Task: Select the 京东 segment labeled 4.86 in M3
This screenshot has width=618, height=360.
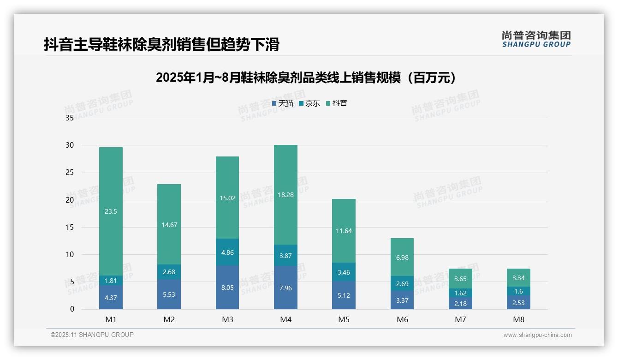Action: pos(227,252)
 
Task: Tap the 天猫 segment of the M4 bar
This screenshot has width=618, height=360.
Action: pos(285,288)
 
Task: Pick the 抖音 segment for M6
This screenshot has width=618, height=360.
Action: pos(402,257)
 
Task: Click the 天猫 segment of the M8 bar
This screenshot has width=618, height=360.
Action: pos(518,302)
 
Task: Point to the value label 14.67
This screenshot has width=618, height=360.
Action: pos(169,225)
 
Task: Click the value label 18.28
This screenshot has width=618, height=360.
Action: pos(285,195)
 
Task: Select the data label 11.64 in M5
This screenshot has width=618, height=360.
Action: pos(344,231)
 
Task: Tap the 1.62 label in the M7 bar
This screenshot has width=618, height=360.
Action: pos(460,293)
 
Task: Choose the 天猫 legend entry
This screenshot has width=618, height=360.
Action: pos(283,103)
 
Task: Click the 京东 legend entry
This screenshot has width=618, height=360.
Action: pos(310,103)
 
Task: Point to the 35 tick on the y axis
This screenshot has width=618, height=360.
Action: pos(70,118)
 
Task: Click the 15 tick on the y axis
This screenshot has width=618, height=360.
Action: pos(70,227)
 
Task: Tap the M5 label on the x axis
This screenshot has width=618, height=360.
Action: pos(344,319)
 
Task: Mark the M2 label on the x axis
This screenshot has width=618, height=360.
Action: pos(169,319)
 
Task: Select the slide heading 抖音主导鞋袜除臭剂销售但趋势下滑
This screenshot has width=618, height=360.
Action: pos(162,45)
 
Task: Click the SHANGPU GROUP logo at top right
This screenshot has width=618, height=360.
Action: pos(536,39)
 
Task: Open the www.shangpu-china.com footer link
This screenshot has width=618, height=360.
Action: pos(537,335)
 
